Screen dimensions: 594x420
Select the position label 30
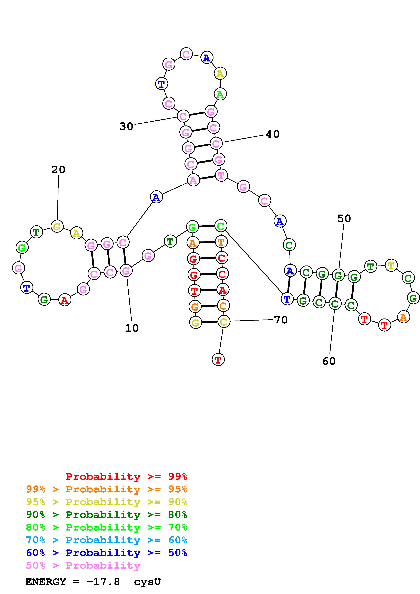click(x=126, y=126)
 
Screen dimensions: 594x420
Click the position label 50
click(x=344, y=219)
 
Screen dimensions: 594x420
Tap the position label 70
click(x=281, y=320)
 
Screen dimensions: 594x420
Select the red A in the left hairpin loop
click(x=65, y=300)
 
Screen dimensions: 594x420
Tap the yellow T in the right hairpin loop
click(x=391, y=266)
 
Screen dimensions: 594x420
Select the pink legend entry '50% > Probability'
click(x=83, y=566)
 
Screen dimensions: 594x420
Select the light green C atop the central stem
click(x=220, y=226)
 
